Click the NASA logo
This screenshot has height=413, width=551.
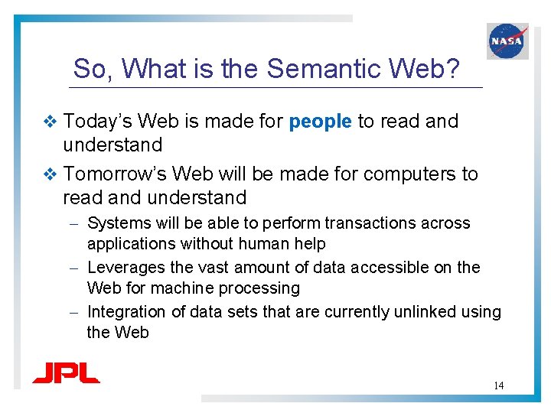tap(507, 41)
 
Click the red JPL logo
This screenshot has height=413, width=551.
tap(66, 373)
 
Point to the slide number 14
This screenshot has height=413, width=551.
tap(498, 385)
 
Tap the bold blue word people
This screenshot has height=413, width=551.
tap(321, 122)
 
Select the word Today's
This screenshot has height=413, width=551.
tap(97, 122)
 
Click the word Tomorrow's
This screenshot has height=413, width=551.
tap(113, 174)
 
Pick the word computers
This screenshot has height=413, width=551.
tap(411, 174)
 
